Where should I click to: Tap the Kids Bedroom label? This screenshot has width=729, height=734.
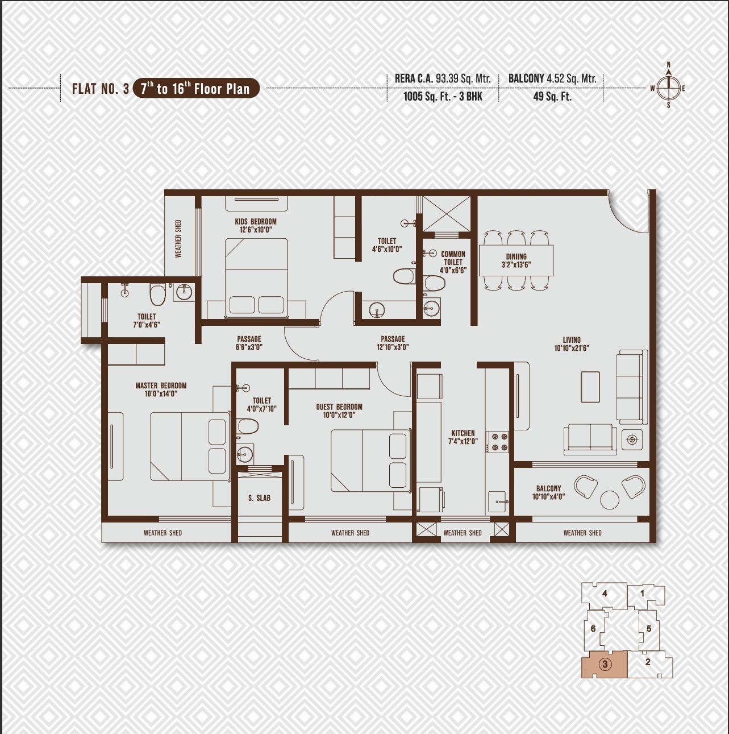[x=256, y=226]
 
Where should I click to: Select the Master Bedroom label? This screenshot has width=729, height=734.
[x=161, y=389]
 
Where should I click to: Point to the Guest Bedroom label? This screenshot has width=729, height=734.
[x=339, y=411]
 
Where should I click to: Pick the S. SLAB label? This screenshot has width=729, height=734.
[x=259, y=498]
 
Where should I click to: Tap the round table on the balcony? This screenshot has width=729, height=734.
[x=609, y=500]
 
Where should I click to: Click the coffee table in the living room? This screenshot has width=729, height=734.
[x=590, y=387]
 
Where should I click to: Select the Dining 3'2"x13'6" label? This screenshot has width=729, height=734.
[x=516, y=260]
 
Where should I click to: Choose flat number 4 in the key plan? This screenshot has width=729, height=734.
[x=605, y=594]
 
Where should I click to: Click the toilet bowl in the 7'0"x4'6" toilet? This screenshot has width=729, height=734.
[x=157, y=294]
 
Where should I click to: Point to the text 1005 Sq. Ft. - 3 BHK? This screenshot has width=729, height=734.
[x=443, y=97]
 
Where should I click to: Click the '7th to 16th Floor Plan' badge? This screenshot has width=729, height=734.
[x=196, y=89]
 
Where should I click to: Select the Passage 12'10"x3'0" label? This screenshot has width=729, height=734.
[x=393, y=343]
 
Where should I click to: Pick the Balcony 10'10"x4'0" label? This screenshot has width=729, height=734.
[x=548, y=492]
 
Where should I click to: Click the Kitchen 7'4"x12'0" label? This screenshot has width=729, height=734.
[x=463, y=437]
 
